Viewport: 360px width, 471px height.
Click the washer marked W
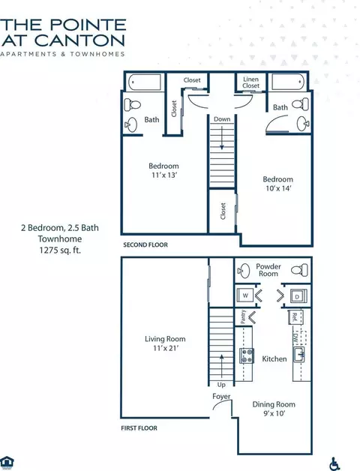pyautogui.click(x=245, y=295)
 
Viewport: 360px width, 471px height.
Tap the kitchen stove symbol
pyautogui.click(x=247, y=356)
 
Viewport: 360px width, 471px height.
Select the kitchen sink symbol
pyautogui.click(x=299, y=355)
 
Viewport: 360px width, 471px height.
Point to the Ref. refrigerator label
pyautogui.click(x=295, y=317)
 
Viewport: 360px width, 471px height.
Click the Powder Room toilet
pyautogui.click(x=299, y=270)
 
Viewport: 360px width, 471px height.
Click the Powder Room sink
pyautogui.click(x=244, y=270)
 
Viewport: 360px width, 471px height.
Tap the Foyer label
pyautogui.click(x=221, y=397)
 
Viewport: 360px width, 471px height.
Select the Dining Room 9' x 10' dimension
pyautogui.click(x=274, y=414)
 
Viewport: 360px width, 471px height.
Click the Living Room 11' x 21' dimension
pyautogui.click(x=166, y=348)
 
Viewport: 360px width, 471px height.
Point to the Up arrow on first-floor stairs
pyautogui.click(x=222, y=365)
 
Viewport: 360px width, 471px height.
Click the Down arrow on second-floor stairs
pyautogui.click(x=222, y=138)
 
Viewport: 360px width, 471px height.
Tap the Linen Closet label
pyautogui.click(x=251, y=82)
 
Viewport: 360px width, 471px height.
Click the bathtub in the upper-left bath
pyautogui.click(x=145, y=82)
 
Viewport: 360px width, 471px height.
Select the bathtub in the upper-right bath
pyautogui.click(x=289, y=82)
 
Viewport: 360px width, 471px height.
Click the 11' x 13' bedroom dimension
pyautogui.click(x=163, y=175)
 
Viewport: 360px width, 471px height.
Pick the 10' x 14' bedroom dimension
pyautogui.click(x=278, y=188)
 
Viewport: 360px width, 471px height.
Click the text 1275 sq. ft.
pyautogui.click(x=60, y=250)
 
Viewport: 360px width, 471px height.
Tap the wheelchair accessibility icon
pyautogui.click(x=334, y=463)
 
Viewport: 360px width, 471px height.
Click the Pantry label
pyautogui.click(x=244, y=317)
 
